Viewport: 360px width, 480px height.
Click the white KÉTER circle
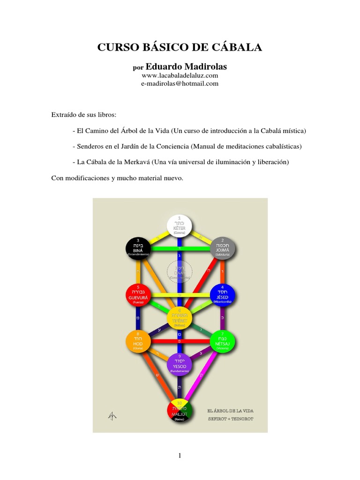pos(180,225)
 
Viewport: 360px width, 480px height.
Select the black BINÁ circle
pos(138,248)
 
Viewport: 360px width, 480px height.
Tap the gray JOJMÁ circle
pos(222,248)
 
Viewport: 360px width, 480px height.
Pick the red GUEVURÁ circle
pos(138,294)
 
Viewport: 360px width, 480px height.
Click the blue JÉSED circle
pos(222,294)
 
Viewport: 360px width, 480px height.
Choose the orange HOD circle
pos(138,340)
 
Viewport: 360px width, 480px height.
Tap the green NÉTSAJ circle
pos(222,340)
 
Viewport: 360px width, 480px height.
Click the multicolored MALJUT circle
pos(180,410)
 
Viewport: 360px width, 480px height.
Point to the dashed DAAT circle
pos(180,271)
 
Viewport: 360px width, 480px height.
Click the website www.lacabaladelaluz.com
pos(180,75)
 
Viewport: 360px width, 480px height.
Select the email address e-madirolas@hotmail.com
pos(180,83)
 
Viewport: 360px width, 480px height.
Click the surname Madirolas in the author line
pos(204,67)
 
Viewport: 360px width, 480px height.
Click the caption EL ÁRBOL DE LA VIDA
pos(230,410)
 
